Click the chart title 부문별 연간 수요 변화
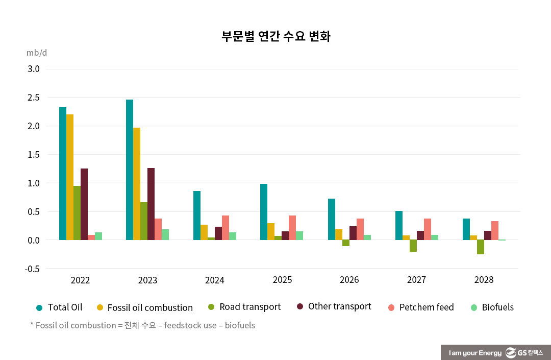click(x=275, y=37)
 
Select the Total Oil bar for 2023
click(x=130, y=170)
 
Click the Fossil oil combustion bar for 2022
click(x=70, y=177)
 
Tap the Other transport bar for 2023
click(x=151, y=204)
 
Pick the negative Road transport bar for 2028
click(x=481, y=247)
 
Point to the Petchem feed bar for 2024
click(x=226, y=228)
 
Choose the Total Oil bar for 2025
click(x=264, y=212)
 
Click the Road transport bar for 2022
click(x=77, y=213)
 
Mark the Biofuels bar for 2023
click(x=165, y=235)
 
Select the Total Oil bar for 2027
click(x=399, y=225)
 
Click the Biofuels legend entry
click(x=492, y=307)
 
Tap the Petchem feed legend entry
click(x=421, y=307)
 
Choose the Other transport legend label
click(x=339, y=307)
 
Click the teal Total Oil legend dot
click(x=39, y=307)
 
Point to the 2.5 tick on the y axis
click(x=33, y=98)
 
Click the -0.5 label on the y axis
click(x=32, y=269)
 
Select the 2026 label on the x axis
click(x=349, y=280)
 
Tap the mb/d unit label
click(x=37, y=53)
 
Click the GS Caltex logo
click(x=524, y=353)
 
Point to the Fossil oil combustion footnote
click(x=143, y=325)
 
